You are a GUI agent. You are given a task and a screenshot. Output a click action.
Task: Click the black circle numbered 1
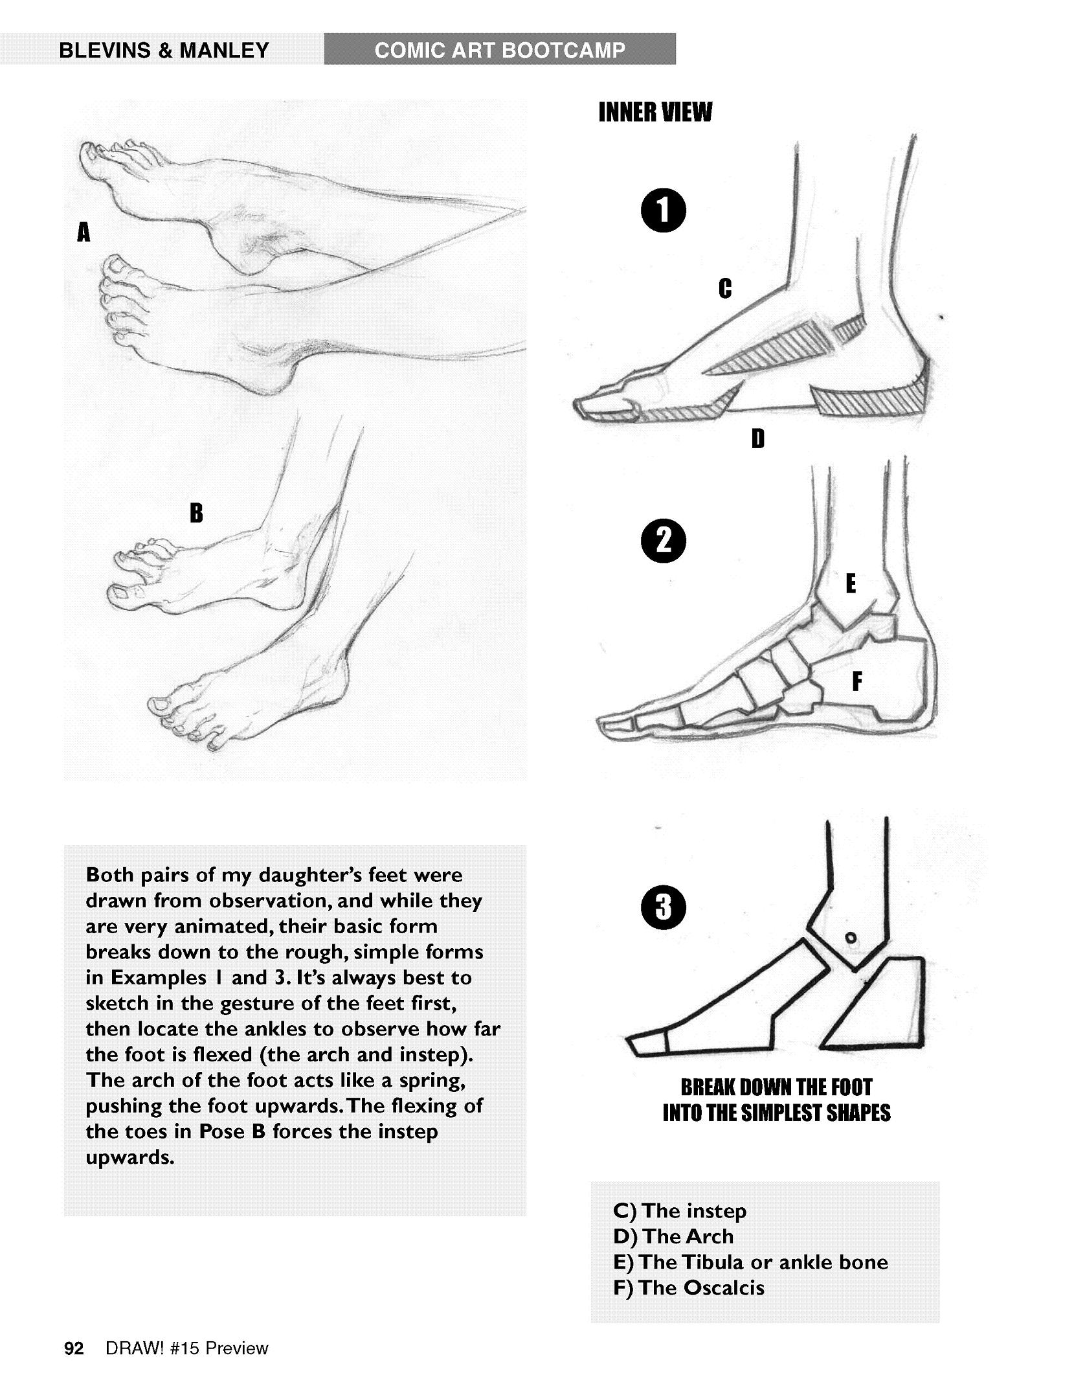click(x=664, y=212)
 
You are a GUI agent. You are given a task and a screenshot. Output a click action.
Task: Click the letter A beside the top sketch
click(x=84, y=232)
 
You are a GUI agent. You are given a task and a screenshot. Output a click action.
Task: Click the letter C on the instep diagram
click(x=725, y=288)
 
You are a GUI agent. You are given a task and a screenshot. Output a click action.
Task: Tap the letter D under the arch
click(x=757, y=438)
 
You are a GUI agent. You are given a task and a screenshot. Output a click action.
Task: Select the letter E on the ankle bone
click(x=851, y=584)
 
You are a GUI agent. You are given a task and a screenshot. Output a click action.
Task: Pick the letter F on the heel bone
click(x=857, y=681)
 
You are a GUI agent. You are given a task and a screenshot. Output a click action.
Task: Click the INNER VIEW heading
click(x=655, y=113)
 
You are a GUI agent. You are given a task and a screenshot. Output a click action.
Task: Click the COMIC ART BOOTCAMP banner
click(x=500, y=50)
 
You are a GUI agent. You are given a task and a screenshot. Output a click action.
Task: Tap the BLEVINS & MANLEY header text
click(x=164, y=51)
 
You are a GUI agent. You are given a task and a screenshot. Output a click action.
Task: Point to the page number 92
click(x=74, y=1349)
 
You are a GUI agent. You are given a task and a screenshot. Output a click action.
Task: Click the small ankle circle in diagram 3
click(x=852, y=938)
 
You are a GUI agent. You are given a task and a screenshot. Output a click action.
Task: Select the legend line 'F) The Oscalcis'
click(x=689, y=1287)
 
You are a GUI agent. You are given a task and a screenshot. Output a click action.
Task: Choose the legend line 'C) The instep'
click(x=680, y=1210)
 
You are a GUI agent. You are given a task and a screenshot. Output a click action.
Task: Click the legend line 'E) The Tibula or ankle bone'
click(x=750, y=1262)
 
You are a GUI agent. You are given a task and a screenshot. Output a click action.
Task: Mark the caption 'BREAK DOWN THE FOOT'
click(x=777, y=1087)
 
